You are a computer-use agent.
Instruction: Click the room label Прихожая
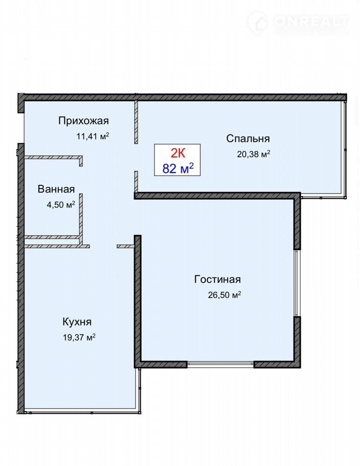(x=83, y=121)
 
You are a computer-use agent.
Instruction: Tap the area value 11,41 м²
(x=93, y=136)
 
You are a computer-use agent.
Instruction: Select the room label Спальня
(x=248, y=138)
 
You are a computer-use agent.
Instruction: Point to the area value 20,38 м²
(x=253, y=154)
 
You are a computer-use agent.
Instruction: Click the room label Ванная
(x=56, y=189)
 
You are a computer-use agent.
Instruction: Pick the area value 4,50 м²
(x=61, y=204)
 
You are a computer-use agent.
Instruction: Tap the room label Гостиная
(x=218, y=280)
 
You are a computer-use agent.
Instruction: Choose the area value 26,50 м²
(x=224, y=295)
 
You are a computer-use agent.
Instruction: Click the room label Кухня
(x=77, y=322)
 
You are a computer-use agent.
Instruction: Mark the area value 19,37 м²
(x=79, y=337)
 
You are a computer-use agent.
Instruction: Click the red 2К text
(x=178, y=153)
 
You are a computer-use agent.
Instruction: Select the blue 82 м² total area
(x=178, y=168)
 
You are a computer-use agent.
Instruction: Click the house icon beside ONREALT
(x=258, y=23)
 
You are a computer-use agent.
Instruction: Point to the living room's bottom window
(x=220, y=364)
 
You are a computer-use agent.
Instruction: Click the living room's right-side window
(x=297, y=283)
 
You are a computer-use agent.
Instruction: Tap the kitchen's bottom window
(x=82, y=412)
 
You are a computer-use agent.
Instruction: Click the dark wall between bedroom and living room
(x=217, y=196)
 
